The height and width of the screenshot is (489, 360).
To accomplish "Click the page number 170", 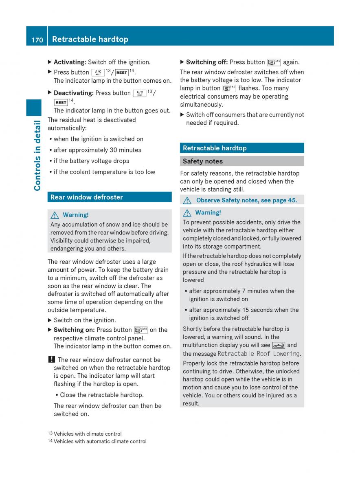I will coord(37,39).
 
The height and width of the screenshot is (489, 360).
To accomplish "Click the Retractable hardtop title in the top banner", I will coord(90,39).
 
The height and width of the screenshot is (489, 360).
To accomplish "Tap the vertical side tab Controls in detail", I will coord(37,155).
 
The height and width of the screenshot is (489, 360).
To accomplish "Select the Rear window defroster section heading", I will coord(86,197).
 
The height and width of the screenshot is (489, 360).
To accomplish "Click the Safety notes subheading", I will coord(203,161).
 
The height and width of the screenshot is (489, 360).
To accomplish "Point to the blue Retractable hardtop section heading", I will coord(215,148).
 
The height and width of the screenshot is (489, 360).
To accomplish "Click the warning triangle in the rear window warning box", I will coord(55,215).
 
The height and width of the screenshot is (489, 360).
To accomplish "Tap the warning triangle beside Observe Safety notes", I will coord(187,200).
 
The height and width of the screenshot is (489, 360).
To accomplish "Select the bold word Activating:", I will coord(70,62).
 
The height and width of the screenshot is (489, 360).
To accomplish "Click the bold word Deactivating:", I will coord(74,93).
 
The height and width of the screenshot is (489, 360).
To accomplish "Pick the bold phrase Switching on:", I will coord(74,330).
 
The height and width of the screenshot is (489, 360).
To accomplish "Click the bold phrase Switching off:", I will coord(207,62).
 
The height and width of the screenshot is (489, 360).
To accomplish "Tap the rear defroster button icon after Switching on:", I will coord(140,330).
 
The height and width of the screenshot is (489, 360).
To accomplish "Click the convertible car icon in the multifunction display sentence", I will coord(279,345).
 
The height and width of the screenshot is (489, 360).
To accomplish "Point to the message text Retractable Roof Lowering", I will coord(259,354).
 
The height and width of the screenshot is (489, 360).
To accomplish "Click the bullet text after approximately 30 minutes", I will coord(97,150).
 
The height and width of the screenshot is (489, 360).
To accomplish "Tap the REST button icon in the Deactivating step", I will coord(61,102).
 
